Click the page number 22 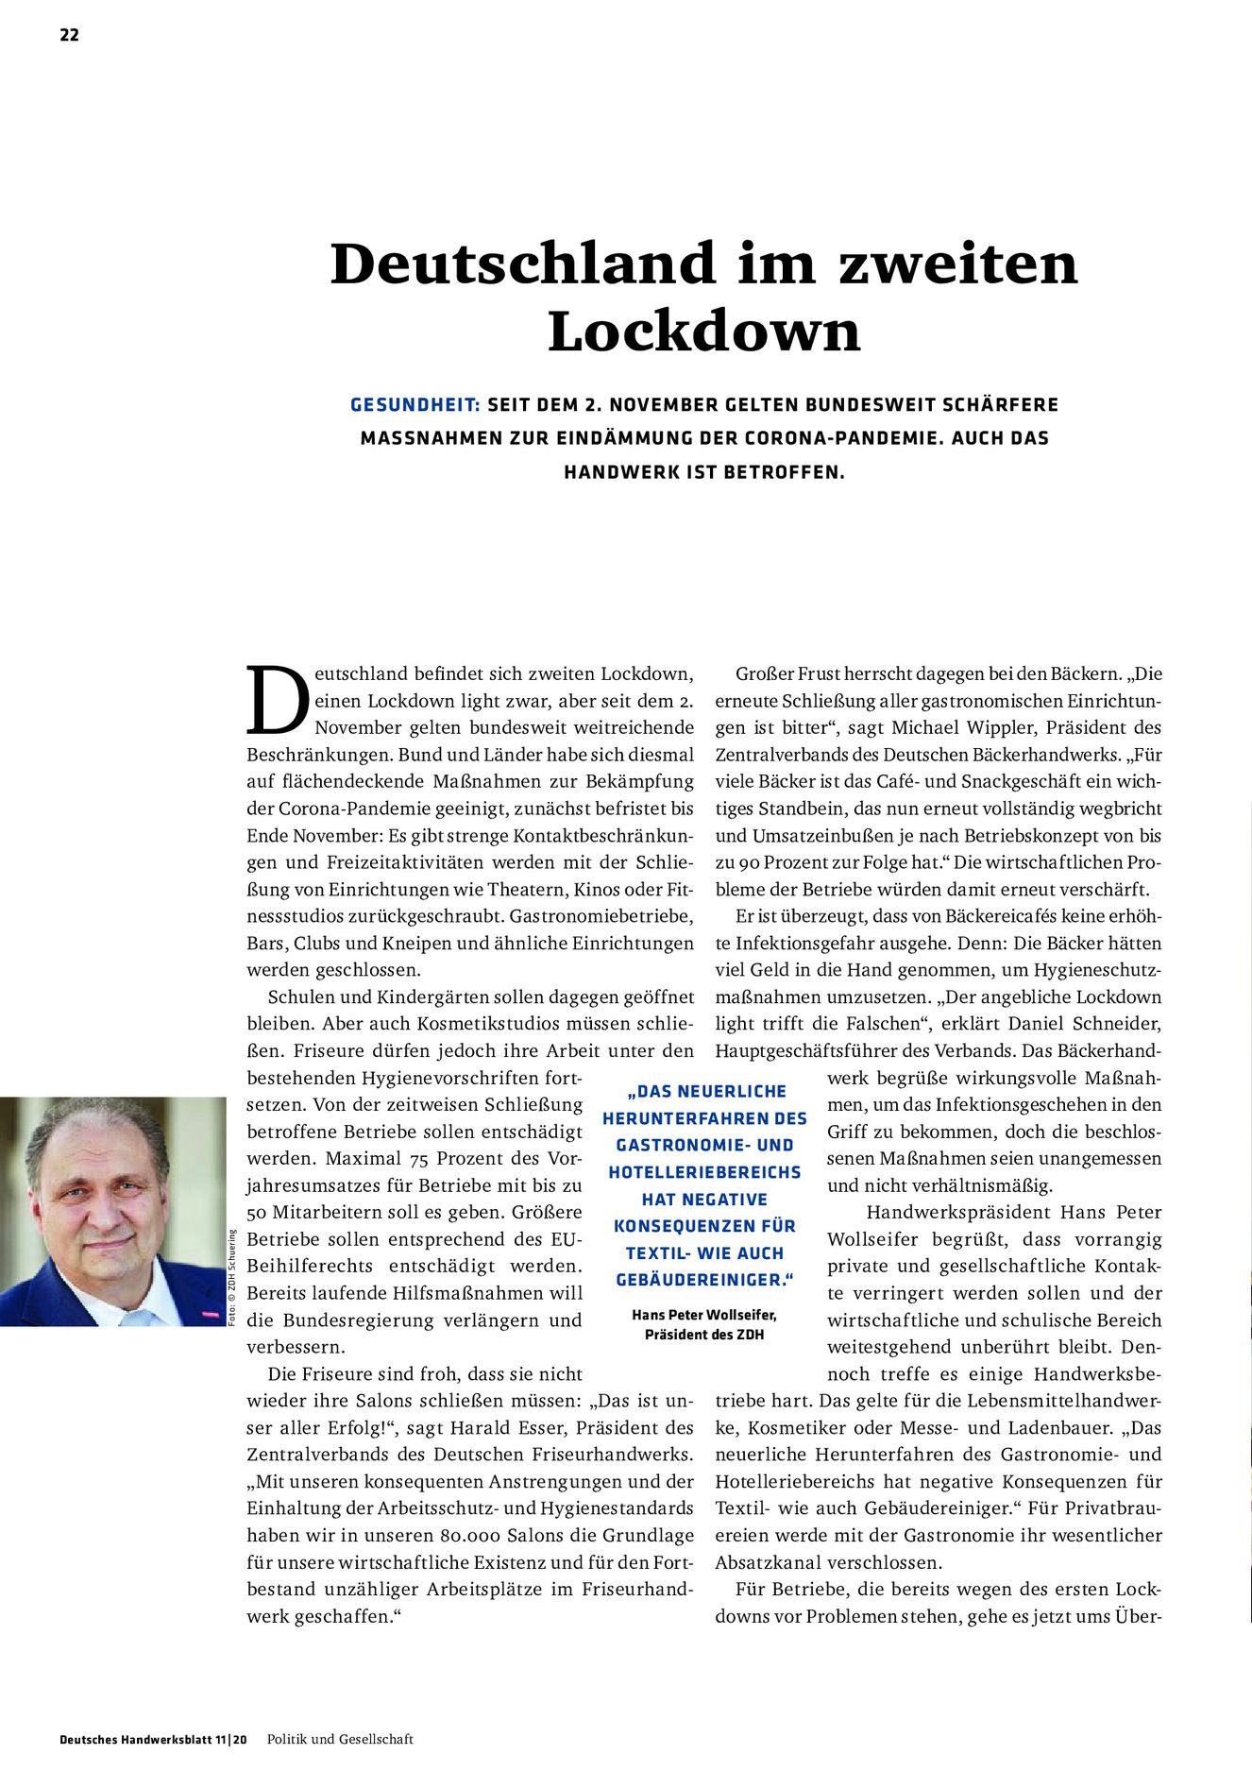69,36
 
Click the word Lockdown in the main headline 704,332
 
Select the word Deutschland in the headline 522,264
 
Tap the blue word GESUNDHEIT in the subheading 415,405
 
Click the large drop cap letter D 278,701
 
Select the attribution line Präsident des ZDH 704,1335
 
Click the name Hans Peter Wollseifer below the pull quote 704,1315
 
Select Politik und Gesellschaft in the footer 340,1739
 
